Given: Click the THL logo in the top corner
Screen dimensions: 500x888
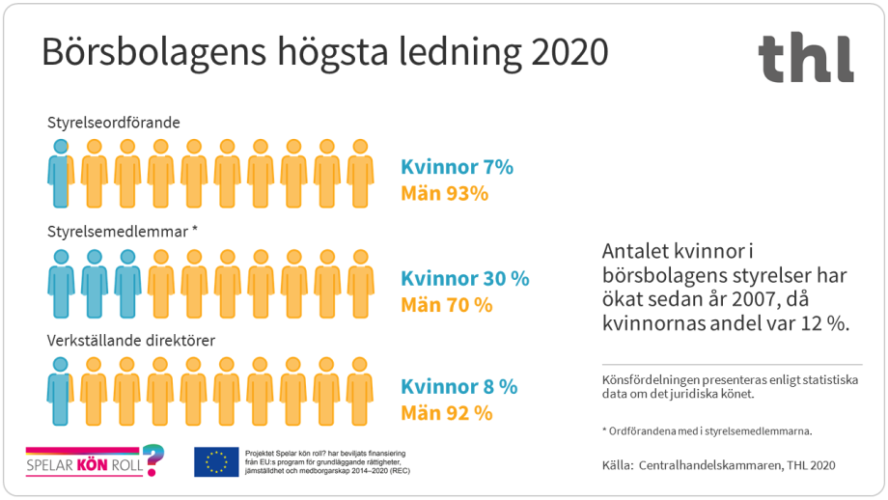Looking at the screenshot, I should tap(805, 58).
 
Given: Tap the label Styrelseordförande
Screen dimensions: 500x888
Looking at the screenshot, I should tap(114, 123).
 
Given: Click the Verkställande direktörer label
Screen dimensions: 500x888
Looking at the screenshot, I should tap(131, 341).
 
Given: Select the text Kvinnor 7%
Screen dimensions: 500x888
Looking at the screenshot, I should tap(457, 167).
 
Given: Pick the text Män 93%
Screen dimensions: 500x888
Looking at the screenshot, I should tap(444, 193).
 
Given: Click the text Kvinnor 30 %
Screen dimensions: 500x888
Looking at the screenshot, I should tap(464, 278).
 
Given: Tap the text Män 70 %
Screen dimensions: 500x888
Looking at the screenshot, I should tap(446, 304).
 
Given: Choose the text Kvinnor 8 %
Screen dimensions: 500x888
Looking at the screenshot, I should tap(458, 386).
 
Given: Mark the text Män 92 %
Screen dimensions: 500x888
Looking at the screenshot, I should tap(446, 412).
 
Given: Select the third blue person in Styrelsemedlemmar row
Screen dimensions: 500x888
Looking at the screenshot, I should tap(127, 284).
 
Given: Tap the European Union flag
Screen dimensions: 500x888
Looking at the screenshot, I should tap(216, 462).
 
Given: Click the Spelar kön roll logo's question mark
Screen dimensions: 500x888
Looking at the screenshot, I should tap(152, 457).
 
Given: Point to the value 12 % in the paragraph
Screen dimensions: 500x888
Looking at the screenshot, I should tap(822, 324).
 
